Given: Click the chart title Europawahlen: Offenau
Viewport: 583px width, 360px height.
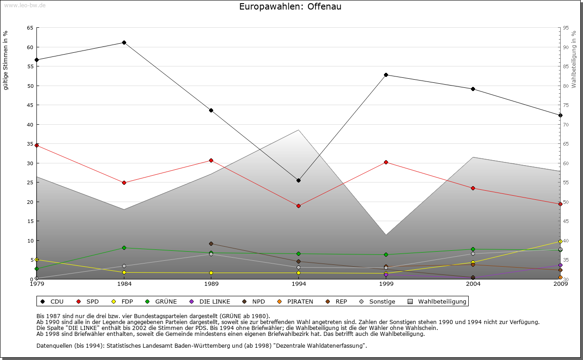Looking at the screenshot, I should coord(290,7).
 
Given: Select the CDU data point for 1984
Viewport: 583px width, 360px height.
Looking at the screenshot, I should coord(124,42).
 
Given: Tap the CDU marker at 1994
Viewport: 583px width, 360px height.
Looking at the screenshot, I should coord(298,180).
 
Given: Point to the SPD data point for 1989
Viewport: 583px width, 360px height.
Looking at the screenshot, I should coord(211,160).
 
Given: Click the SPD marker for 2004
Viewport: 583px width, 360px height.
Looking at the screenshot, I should coord(473,188).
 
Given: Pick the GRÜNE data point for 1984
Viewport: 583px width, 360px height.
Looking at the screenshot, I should coord(124,248).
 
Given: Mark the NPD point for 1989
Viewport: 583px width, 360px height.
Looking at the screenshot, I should coord(211,243).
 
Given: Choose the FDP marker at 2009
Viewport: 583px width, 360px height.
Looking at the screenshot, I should coord(560,241).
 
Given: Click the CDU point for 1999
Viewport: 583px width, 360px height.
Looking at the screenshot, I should coord(386,75).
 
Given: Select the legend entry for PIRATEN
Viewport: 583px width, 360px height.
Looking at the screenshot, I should coord(296,301).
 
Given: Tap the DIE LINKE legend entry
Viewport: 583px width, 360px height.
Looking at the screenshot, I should coord(210,301).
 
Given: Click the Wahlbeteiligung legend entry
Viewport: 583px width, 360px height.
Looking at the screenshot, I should coord(437,301).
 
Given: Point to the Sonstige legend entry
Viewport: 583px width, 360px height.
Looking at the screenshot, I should coord(378,301).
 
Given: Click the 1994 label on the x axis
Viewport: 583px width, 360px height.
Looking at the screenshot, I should coord(298,284).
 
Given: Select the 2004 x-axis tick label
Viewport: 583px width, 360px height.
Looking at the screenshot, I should coord(473,284).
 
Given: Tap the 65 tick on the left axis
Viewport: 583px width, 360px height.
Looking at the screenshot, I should coord(30,28).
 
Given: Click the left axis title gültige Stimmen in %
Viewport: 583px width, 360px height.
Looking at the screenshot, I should coord(6,60).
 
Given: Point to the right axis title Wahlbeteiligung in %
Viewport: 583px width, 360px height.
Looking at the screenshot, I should coord(574,60).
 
